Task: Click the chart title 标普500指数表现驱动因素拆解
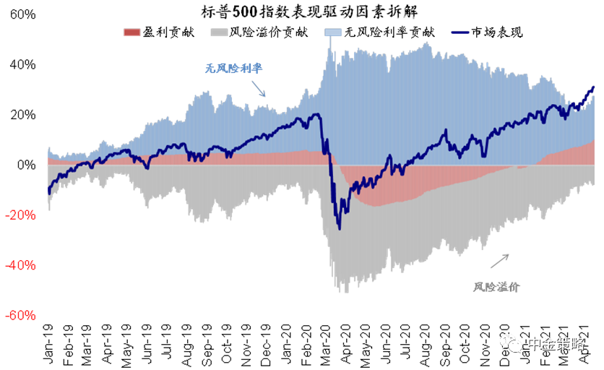pos(301,12)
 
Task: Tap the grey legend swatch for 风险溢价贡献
pos(217,32)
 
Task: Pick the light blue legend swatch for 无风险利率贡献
pos(333,32)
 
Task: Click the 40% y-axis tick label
pos(23,65)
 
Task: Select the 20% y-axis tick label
pos(23,115)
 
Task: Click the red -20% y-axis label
pos(22,215)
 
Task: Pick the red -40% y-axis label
pos(22,265)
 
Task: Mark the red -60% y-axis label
pos(22,316)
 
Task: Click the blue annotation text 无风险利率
pos(233,69)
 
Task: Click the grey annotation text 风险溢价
pos(497,286)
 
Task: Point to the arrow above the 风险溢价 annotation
pos(501,261)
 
